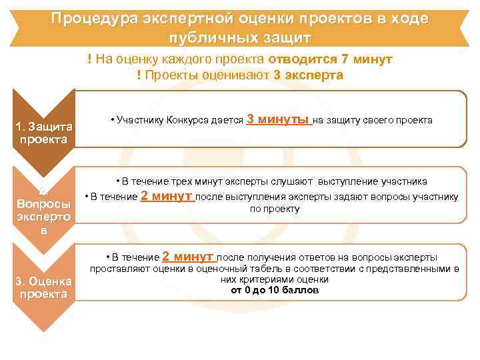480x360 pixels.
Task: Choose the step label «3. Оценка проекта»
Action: pyautogui.click(x=43, y=288)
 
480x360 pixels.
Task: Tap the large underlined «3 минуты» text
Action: pyautogui.click(x=279, y=120)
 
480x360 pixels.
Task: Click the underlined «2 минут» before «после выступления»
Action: pyautogui.click(x=167, y=196)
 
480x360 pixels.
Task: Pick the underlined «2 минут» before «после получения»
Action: pyautogui.click(x=188, y=257)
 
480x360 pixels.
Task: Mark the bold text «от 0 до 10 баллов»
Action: pyautogui.click(x=275, y=291)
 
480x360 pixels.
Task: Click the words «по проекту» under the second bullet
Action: pyautogui.click(x=275, y=209)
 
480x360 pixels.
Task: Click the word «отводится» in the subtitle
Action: pyautogui.click(x=299, y=59)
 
